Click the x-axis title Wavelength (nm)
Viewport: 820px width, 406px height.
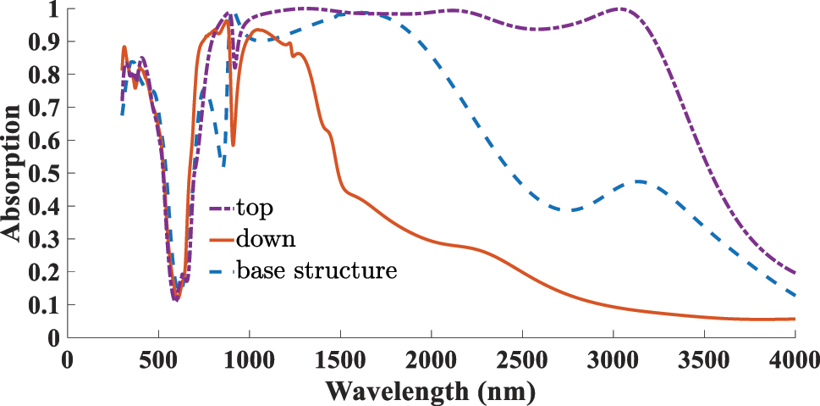click(x=430, y=392)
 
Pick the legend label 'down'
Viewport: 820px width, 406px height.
click(x=266, y=239)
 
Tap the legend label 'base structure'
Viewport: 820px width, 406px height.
click(x=316, y=271)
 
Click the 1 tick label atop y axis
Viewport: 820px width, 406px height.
click(x=52, y=9)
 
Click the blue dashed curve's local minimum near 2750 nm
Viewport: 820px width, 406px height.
click(x=572, y=209)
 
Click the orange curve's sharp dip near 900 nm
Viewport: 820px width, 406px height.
click(x=233, y=145)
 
